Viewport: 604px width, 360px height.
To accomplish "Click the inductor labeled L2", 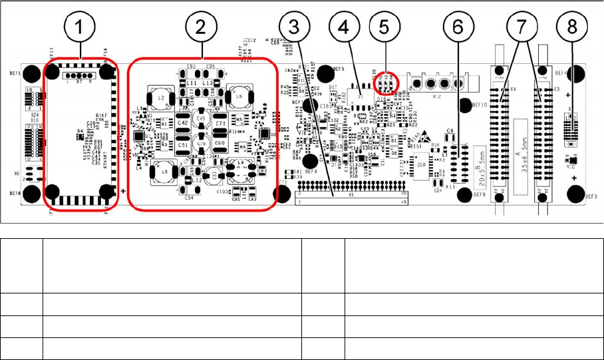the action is tap(162, 98).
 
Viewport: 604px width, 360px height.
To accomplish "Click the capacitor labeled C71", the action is tap(222, 124).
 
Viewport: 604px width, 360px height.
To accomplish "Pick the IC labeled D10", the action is tap(422, 161).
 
